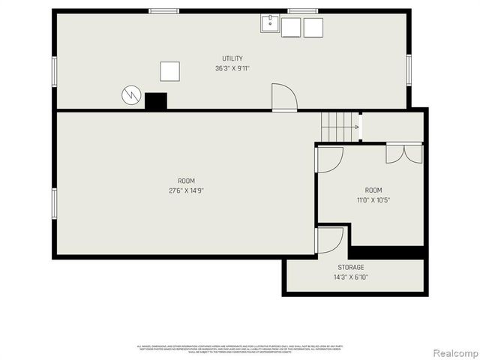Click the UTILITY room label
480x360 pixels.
(x=232, y=58)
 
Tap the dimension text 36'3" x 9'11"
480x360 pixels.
(x=232, y=68)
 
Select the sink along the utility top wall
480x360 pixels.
(x=270, y=25)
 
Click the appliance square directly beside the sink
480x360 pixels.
(x=292, y=27)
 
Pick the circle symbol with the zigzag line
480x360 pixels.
(x=131, y=95)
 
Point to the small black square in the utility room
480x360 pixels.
(x=155, y=101)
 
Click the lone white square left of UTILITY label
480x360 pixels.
(x=170, y=71)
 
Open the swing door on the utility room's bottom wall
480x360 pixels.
(x=283, y=98)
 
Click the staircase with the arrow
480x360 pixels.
(x=339, y=127)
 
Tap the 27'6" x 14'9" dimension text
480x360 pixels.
(x=186, y=190)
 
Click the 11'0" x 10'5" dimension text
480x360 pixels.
(x=373, y=200)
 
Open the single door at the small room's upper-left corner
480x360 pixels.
(x=328, y=159)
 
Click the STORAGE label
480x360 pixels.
(x=350, y=267)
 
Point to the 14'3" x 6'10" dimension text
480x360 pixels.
(x=350, y=277)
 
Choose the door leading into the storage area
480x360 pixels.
(x=328, y=240)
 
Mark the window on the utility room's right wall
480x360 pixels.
(x=409, y=70)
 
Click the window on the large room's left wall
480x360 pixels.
(x=54, y=203)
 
